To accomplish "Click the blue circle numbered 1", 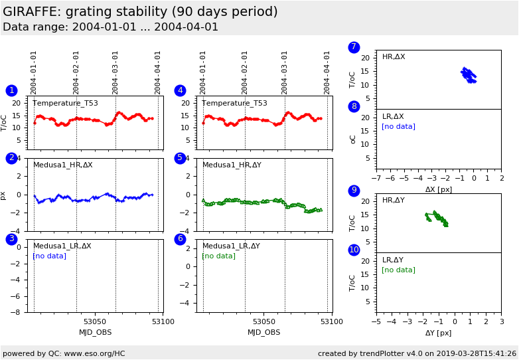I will [x=11, y=90].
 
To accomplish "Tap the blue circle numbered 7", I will [x=354, y=47].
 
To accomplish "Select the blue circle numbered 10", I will [x=354, y=250].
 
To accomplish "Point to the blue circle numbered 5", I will [x=180, y=158].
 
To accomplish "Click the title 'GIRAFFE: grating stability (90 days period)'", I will [x=140, y=12].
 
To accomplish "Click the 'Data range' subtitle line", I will [x=110, y=27].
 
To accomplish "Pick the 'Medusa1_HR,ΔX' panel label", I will [x=63, y=165].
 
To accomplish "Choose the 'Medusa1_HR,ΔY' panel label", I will [x=232, y=165].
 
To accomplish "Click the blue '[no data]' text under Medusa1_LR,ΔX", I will [x=49, y=256].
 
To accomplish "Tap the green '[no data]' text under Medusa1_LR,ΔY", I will [x=218, y=256].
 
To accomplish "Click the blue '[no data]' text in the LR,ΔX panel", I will [x=398, y=126].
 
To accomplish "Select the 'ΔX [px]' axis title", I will [x=439, y=189].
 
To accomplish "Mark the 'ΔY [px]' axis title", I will [x=439, y=333].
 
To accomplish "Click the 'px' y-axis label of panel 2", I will [x=3, y=195].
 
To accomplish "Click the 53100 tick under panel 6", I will [x=331, y=321].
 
